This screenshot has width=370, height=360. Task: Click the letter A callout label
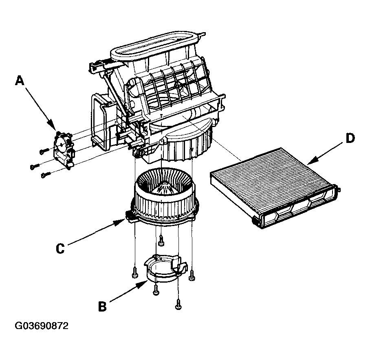point(20,80)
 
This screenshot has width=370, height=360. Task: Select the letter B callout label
point(102,307)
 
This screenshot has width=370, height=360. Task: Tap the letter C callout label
point(60,248)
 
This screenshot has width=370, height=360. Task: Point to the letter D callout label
point(350,138)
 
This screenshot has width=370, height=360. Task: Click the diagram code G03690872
point(42,326)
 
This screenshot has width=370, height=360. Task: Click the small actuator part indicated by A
point(62,149)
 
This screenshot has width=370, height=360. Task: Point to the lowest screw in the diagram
point(178,305)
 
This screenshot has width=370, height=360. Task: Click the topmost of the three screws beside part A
point(44,151)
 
